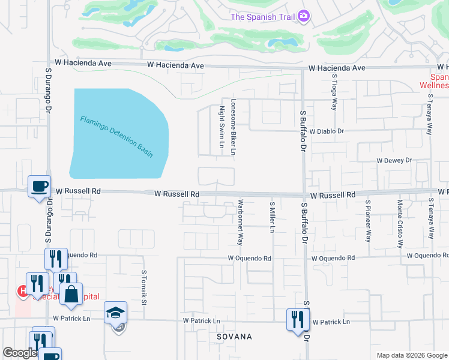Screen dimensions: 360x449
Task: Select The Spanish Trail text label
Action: (263, 16)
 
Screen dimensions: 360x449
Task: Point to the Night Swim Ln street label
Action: (221, 127)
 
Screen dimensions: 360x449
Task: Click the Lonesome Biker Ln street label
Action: (233, 127)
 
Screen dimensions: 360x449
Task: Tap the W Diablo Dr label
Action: (325, 131)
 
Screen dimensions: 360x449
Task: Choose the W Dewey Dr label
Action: (394, 160)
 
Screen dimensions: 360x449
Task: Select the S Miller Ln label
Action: (272, 217)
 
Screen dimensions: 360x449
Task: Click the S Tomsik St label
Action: (144, 287)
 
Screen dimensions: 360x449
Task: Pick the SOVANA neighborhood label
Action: (234, 337)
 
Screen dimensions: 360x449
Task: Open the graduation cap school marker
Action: (115, 313)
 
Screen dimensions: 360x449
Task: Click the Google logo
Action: (20, 353)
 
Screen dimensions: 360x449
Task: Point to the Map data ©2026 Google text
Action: (411, 355)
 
